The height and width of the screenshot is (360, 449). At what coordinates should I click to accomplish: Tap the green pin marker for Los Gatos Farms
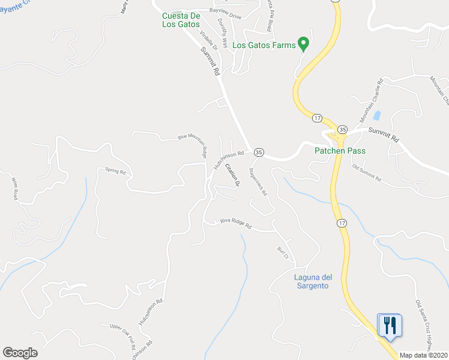click(x=304, y=44)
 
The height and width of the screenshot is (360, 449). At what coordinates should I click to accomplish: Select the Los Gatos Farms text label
click(x=264, y=45)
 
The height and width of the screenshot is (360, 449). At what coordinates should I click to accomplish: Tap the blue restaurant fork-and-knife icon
click(x=390, y=325)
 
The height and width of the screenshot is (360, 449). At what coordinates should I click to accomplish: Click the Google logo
click(x=20, y=353)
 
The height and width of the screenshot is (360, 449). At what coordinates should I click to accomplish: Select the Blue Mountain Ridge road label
click(x=193, y=143)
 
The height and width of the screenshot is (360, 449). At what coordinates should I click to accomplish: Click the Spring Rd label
click(x=115, y=171)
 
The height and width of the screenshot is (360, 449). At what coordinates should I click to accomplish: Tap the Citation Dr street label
click(x=232, y=175)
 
